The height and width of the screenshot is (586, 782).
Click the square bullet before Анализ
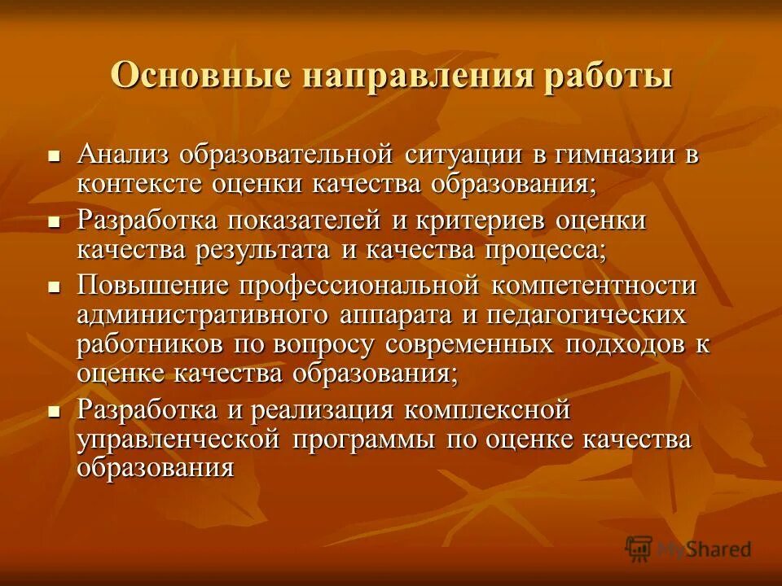(55, 155)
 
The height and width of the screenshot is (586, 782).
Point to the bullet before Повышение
(55, 287)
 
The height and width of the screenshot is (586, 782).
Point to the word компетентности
(595, 286)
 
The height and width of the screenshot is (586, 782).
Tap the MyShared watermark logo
(688, 549)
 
